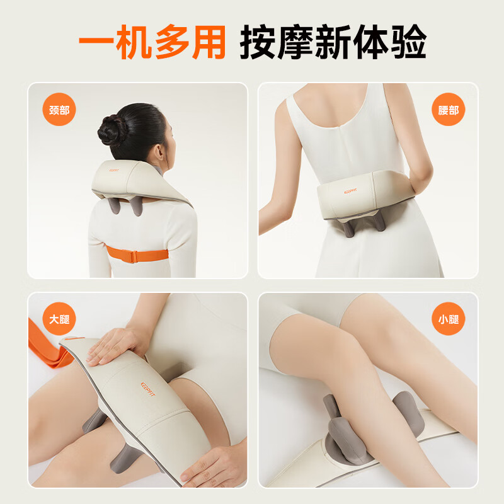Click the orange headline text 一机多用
[x=152, y=42]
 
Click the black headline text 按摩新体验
[x=333, y=42]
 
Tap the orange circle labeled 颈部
[x=59, y=110]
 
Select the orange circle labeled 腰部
[x=448, y=110]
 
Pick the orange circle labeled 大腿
[x=59, y=319]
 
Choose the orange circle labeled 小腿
[x=448, y=319]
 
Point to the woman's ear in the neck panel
[x=159, y=151]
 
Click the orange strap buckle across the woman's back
[x=132, y=256]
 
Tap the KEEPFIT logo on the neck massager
[x=113, y=170]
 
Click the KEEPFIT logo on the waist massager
[x=350, y=192]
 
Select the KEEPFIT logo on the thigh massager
[x=147, y=389]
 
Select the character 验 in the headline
[x=409, y=42]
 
